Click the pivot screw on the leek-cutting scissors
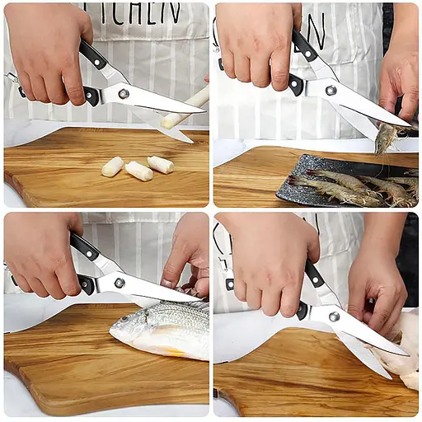click(123, 93)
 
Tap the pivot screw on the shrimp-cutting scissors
click(331, 90)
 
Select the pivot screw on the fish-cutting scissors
click(120, 283)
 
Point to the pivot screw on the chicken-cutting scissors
click(334, 316)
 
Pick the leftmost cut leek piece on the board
click(112, 166)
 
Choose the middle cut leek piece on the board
click(138, 171)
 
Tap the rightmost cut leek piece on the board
click(161, 164)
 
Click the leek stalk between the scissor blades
click(186, 108)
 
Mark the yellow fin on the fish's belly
click(176, 351)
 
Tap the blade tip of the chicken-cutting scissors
click(404, 353)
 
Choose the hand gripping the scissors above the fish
click(41, 251)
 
